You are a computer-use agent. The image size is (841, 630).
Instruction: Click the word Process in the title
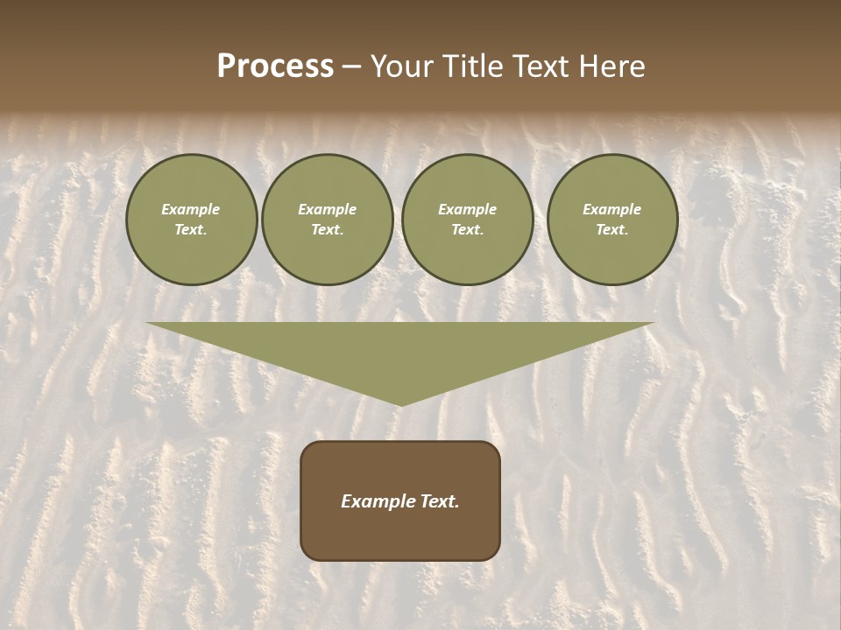[x=275, y=66]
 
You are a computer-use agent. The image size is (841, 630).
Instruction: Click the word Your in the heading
[x=402, y=66]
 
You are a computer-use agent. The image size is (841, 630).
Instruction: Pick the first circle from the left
[x=192, y=220]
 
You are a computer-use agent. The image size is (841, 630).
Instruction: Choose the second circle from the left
[x=328, y=220]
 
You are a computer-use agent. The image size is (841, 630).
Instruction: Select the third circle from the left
[x=468, y=220]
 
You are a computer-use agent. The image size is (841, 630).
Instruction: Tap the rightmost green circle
[x=612, y=220]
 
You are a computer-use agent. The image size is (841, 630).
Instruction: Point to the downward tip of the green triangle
[x=400, y=403]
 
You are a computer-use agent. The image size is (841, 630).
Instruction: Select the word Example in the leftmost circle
[x=191, y=209]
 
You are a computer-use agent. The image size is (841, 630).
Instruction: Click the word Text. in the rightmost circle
[x=612, y=230]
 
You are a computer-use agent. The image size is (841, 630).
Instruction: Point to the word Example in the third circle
[x=468, y=209]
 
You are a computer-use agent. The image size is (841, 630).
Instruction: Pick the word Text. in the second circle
[x=328, y=230]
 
